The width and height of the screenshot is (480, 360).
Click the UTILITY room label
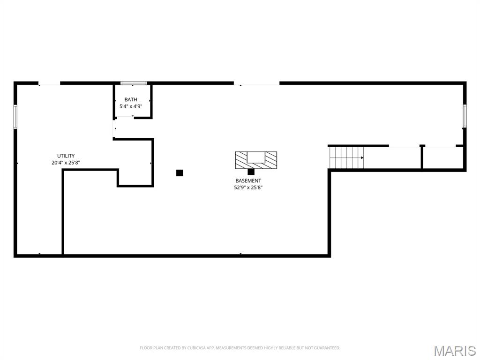click(66, 156)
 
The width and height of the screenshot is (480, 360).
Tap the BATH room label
click(131, 99)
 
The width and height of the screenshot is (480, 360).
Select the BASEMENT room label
click(248, 180)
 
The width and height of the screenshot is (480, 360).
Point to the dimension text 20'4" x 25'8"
click(66, 163)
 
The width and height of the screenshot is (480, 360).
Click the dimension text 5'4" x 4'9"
click(131, 106)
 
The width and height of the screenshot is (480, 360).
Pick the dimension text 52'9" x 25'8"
click(248, 187)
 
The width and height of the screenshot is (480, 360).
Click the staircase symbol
click(346, 157)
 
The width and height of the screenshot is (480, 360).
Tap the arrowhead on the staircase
click(362, 157)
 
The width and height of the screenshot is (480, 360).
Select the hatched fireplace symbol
click(256, 160)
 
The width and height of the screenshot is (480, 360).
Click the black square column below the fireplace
click(251, 172)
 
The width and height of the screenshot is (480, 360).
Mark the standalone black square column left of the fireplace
click(180, 173)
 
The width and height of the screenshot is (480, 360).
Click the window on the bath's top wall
click(134, 83)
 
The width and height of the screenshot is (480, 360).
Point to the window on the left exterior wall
click(15, 117)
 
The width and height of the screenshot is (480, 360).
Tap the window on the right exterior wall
click(465, 116)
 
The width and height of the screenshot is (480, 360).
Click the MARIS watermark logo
click(455, 351)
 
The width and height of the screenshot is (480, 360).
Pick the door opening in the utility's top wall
click(49, 83)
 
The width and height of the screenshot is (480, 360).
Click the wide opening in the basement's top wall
click(256, 83)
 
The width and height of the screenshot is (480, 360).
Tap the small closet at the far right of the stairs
click(443, 157)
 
